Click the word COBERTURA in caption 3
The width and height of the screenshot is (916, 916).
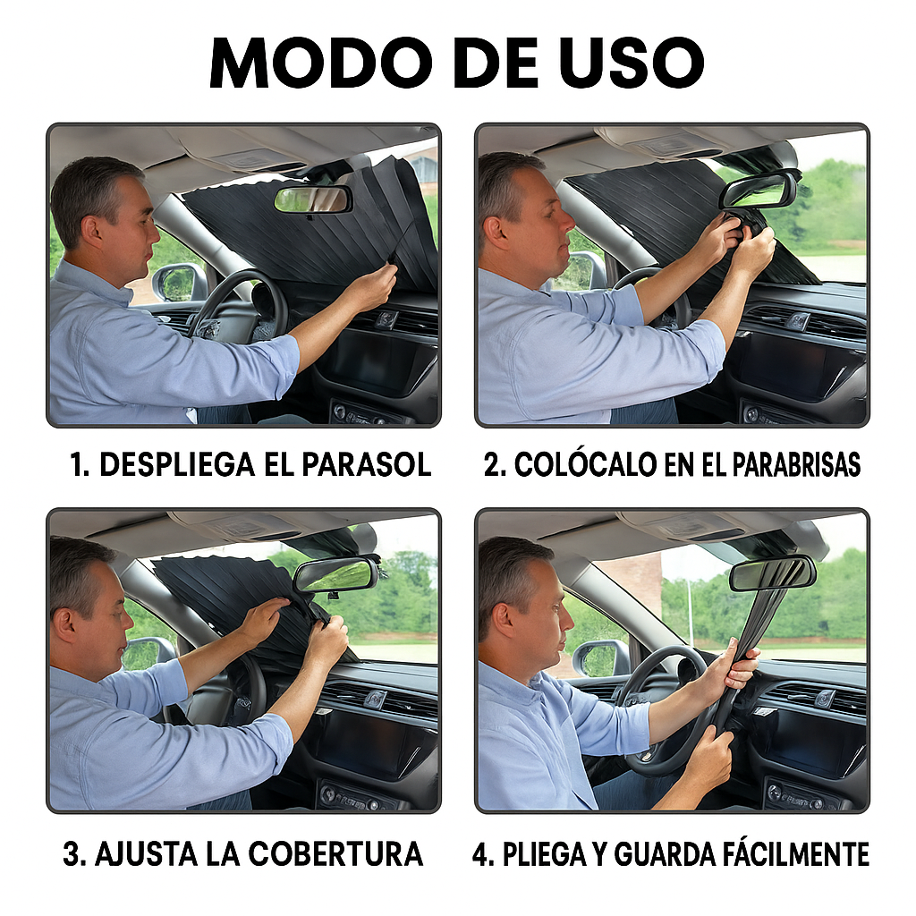pyautogui.click(x=336, y=853)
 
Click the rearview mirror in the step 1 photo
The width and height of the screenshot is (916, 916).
pyautogui.click(x=312, y=199)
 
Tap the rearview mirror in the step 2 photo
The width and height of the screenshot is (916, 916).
pyautogui.click(x=759, y=190)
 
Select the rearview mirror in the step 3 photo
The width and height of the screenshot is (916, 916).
pyautogui.click(x=335, y=574)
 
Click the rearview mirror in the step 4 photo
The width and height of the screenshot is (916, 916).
pyautogui.click(x=771, y=573)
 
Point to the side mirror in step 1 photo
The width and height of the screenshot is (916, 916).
pyautogui.click(x=177, y=282)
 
